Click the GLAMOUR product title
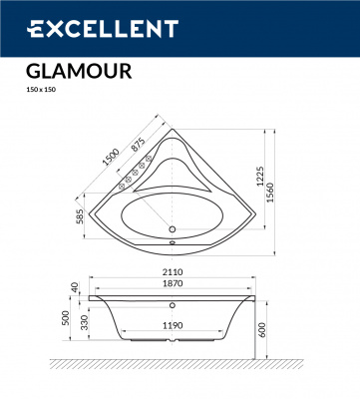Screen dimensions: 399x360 71,72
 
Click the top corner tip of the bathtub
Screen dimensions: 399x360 172,128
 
